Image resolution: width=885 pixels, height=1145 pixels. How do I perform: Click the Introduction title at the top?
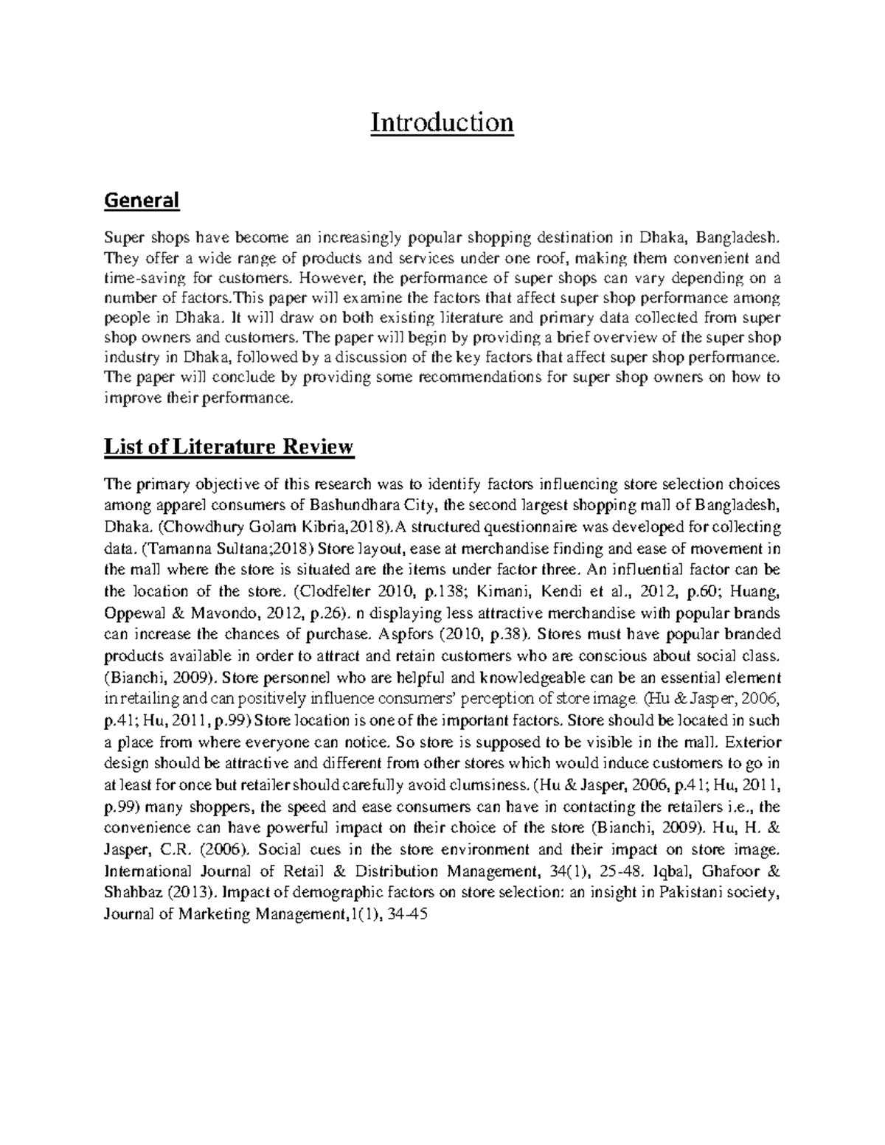pos(441,122)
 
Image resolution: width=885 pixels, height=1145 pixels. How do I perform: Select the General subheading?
pos(142,200)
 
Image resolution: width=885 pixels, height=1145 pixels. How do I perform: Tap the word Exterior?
pos(754,742)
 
